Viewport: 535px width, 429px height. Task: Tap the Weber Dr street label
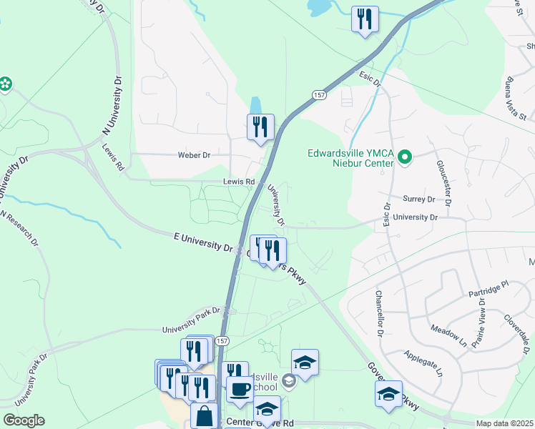pyautogui.click(x=195, y=154)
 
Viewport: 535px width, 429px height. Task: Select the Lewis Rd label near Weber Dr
pyautogui.click(x=238, y=182)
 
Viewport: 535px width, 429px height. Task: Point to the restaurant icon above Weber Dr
pyautogui.click(x=260, y=127)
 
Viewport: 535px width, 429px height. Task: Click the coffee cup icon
pyautogui.click(x=240, y=390)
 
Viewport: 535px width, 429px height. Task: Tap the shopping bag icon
pyautogui.click(x=205, y=415)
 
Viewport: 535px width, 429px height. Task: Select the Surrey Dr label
pyautogui.click(x=420, y=199)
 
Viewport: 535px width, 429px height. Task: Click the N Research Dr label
pyautogui.click(x=19, y=228)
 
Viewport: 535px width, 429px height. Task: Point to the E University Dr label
pyautogui.click(x=204, y=241)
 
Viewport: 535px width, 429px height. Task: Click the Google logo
pyautogui.click(x=24, y=420)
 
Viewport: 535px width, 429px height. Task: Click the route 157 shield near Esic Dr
pyautogui.click(x=319, y=94)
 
